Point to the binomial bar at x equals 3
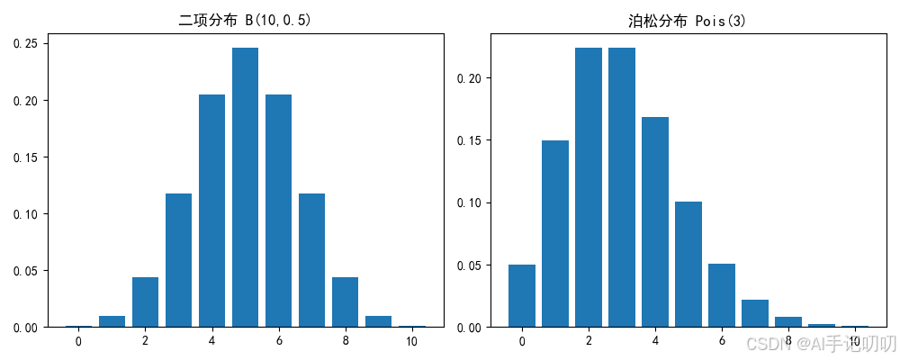pos(178,260)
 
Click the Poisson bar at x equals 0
pos(522,296)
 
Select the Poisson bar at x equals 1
pos(555,234)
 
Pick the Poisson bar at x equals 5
pos(688,265)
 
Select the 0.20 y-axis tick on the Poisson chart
pos(470,78)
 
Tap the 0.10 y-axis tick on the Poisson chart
pos(470,203)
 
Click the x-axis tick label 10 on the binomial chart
pos(411,342)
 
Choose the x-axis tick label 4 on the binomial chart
pos(211,342)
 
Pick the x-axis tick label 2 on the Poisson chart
pos(589,342)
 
